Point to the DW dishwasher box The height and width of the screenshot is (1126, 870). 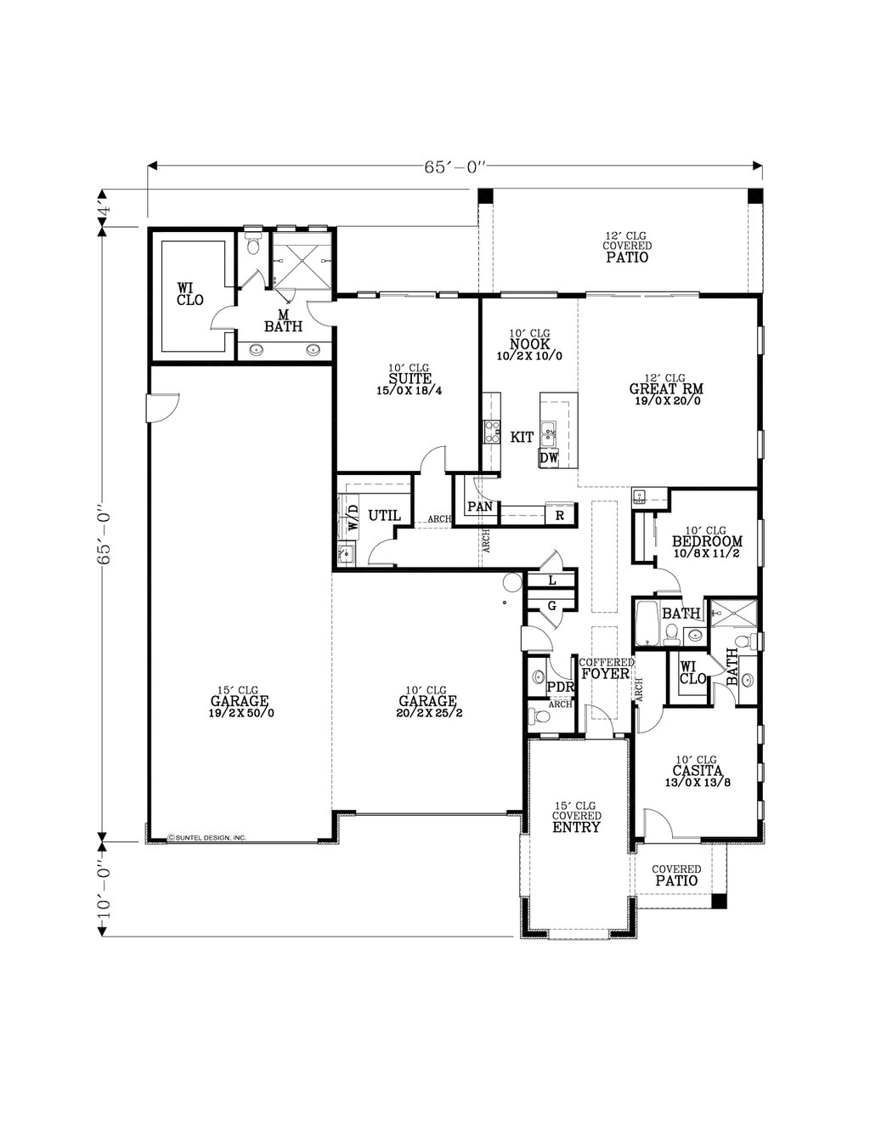549,458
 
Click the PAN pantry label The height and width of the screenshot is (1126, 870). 480,507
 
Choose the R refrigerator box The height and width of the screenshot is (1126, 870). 559,515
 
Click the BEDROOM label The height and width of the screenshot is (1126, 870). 707,541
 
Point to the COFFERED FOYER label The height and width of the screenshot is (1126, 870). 606,669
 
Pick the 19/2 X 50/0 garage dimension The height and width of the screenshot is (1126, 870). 240,713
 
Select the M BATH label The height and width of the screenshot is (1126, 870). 282,320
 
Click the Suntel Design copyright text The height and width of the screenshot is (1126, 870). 207,837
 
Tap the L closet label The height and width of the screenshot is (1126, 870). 551,580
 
